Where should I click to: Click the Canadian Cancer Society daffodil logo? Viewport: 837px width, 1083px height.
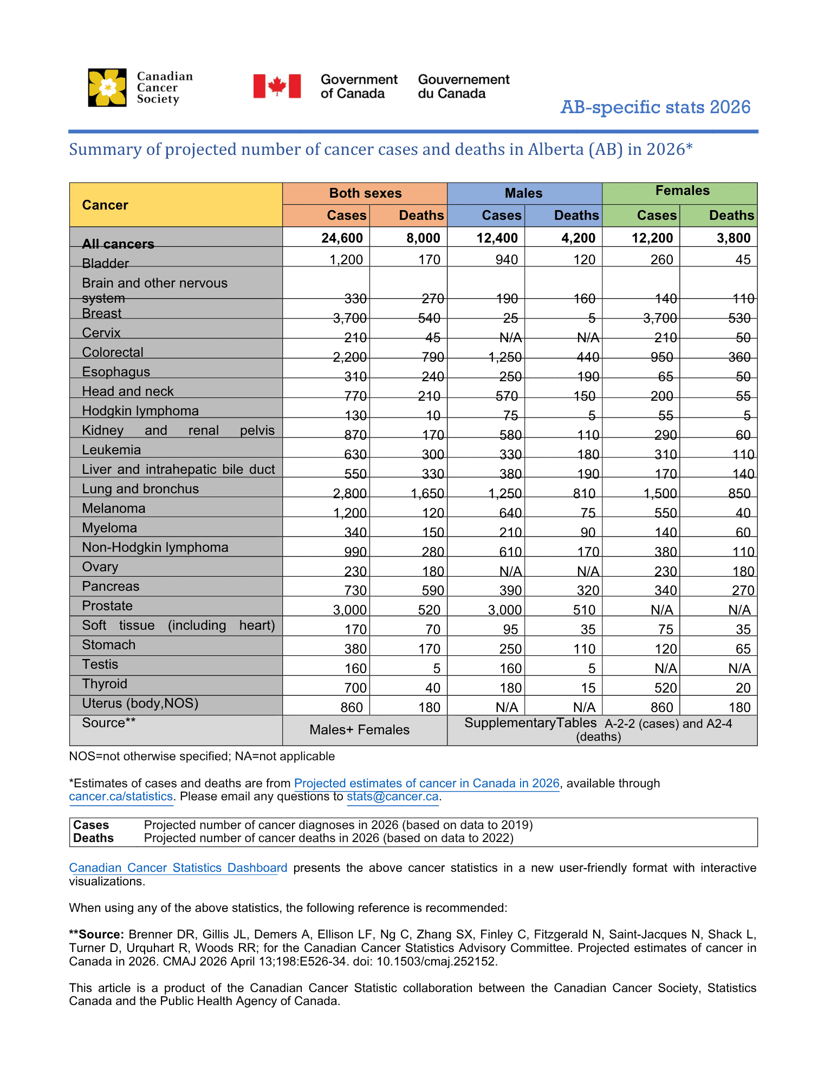coord(107,88)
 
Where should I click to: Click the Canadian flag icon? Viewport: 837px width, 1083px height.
coord(277,86)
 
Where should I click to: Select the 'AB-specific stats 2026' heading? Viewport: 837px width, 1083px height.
coord(655,107)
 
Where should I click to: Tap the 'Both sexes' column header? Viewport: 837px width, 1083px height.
coord(365,193)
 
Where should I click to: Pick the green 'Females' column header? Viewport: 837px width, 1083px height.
coord(682,191)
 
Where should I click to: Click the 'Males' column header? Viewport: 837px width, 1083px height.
coord(523,193)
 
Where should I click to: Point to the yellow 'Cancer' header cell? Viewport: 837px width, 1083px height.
coord(105,205)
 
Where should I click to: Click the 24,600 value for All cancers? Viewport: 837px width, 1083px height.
coord(342,238)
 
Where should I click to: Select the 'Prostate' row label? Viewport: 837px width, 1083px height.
coord(107,606)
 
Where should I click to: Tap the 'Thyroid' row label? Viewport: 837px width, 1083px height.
coord(105,684)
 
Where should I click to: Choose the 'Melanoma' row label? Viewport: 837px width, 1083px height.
coord(114,508)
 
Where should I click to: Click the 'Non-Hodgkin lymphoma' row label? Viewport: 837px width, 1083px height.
coord(155,547)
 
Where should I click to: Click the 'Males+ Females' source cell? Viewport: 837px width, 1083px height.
coord(359,730)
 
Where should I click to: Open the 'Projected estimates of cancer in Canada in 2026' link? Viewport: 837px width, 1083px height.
coord(426,784)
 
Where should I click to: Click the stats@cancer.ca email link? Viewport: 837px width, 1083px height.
coord(392,797)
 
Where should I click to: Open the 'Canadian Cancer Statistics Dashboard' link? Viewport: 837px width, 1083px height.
coord(178,868)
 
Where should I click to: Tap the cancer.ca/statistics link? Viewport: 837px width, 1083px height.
coord(121,797)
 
